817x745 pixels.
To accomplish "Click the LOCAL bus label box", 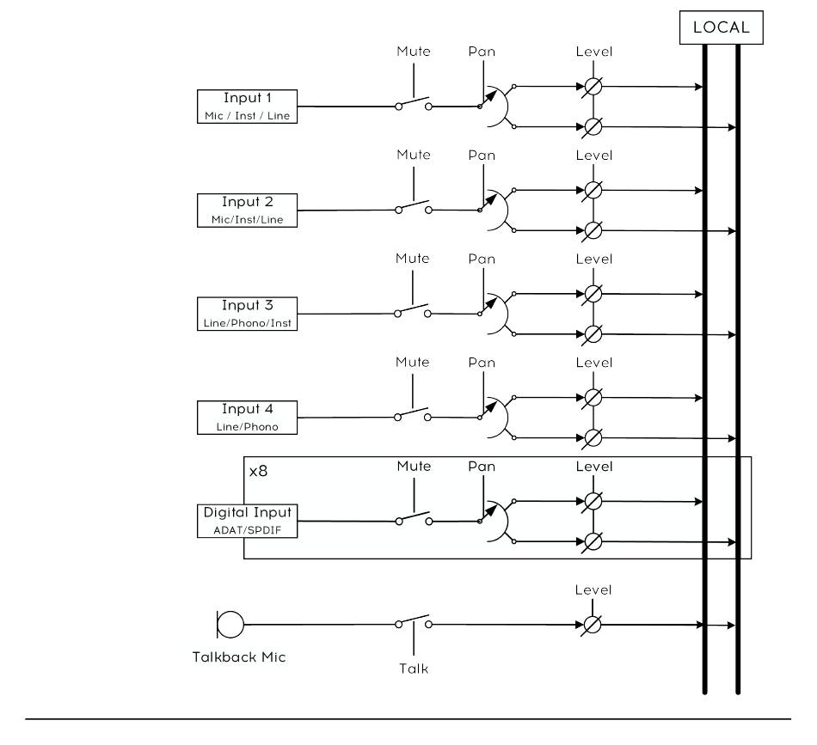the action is (722, 27).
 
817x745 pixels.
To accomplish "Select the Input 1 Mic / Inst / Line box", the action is (247, 107).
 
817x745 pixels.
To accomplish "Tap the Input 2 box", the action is (247, 211).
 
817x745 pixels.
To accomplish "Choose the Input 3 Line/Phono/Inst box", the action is (247, 314).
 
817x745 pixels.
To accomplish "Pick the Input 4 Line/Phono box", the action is (247, 418).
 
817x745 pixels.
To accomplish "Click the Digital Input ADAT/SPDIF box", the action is (247, 521).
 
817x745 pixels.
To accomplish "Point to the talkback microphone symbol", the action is (230, 624).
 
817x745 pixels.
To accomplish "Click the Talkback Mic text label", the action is (239, 657).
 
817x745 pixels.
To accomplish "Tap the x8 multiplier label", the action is (259, 471).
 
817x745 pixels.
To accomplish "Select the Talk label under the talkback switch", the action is (414, 669).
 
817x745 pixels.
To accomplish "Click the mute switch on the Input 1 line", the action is (414, 104).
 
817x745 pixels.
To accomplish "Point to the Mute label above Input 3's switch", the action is (412, 259).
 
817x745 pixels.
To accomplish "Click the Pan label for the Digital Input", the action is (482, 466).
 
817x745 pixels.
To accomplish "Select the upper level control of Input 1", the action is (593, 87).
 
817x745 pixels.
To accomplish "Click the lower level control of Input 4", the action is (593, 438).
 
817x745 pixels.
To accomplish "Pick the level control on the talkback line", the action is (593, 624).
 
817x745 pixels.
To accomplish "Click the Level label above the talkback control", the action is (593, 589).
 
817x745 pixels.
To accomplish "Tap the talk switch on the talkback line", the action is (414, 622).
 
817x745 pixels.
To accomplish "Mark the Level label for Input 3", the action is (594, 259).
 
